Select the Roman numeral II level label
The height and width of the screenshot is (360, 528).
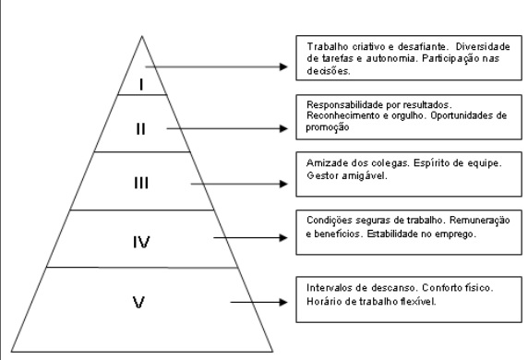point(141,129)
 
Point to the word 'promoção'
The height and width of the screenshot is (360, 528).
point(324,127)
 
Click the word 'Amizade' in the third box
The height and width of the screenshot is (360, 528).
point(321,162)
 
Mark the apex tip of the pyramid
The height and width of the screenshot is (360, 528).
point(141,36)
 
